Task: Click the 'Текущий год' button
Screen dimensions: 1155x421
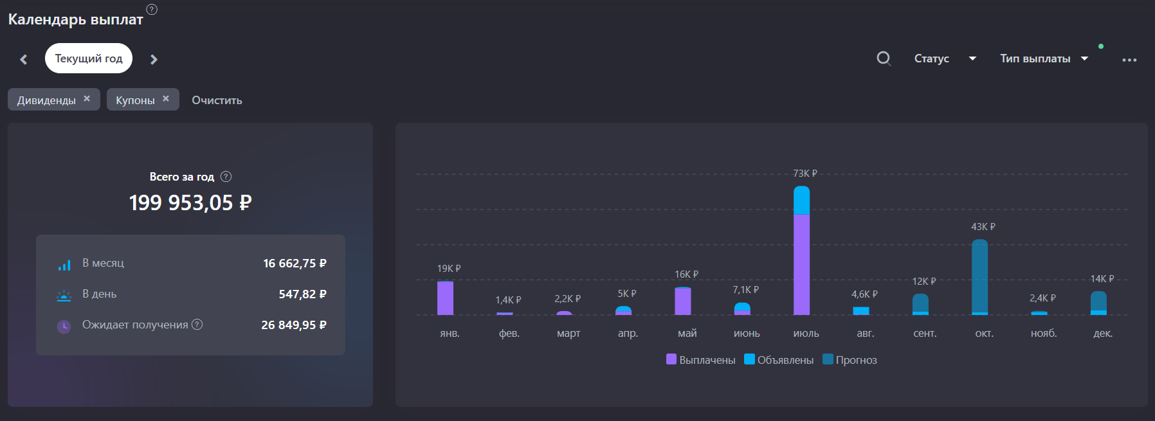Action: coord(89,58)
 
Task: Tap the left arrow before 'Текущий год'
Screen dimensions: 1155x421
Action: coord(24,59)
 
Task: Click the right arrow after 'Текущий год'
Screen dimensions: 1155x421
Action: coord(154,59)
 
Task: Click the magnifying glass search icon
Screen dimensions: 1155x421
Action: coord(884,58)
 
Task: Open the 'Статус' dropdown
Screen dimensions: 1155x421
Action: coord(945,58)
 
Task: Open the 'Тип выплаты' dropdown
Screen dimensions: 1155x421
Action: coord(1044,58)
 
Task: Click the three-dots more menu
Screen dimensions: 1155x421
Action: coord(1129,60)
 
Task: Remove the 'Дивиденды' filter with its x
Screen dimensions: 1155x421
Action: coord(87,98)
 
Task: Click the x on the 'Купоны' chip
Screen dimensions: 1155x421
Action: coord(166,98)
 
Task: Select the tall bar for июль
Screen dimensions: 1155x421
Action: coord(801,251)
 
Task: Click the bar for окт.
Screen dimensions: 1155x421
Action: coord(979,277)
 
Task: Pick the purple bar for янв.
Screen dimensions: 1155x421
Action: coord(445,298)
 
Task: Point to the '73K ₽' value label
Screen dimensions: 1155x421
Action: coord(805,174)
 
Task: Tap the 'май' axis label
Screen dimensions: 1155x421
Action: coord(687,333)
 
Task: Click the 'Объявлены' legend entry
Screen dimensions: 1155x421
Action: coord(779,360)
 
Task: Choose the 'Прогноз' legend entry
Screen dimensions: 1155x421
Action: coord(850,360)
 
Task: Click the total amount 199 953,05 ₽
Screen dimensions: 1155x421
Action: coord(190,203)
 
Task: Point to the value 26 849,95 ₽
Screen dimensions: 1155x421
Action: coord(294,325)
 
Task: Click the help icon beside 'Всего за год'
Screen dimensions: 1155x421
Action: coord(226,177)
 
